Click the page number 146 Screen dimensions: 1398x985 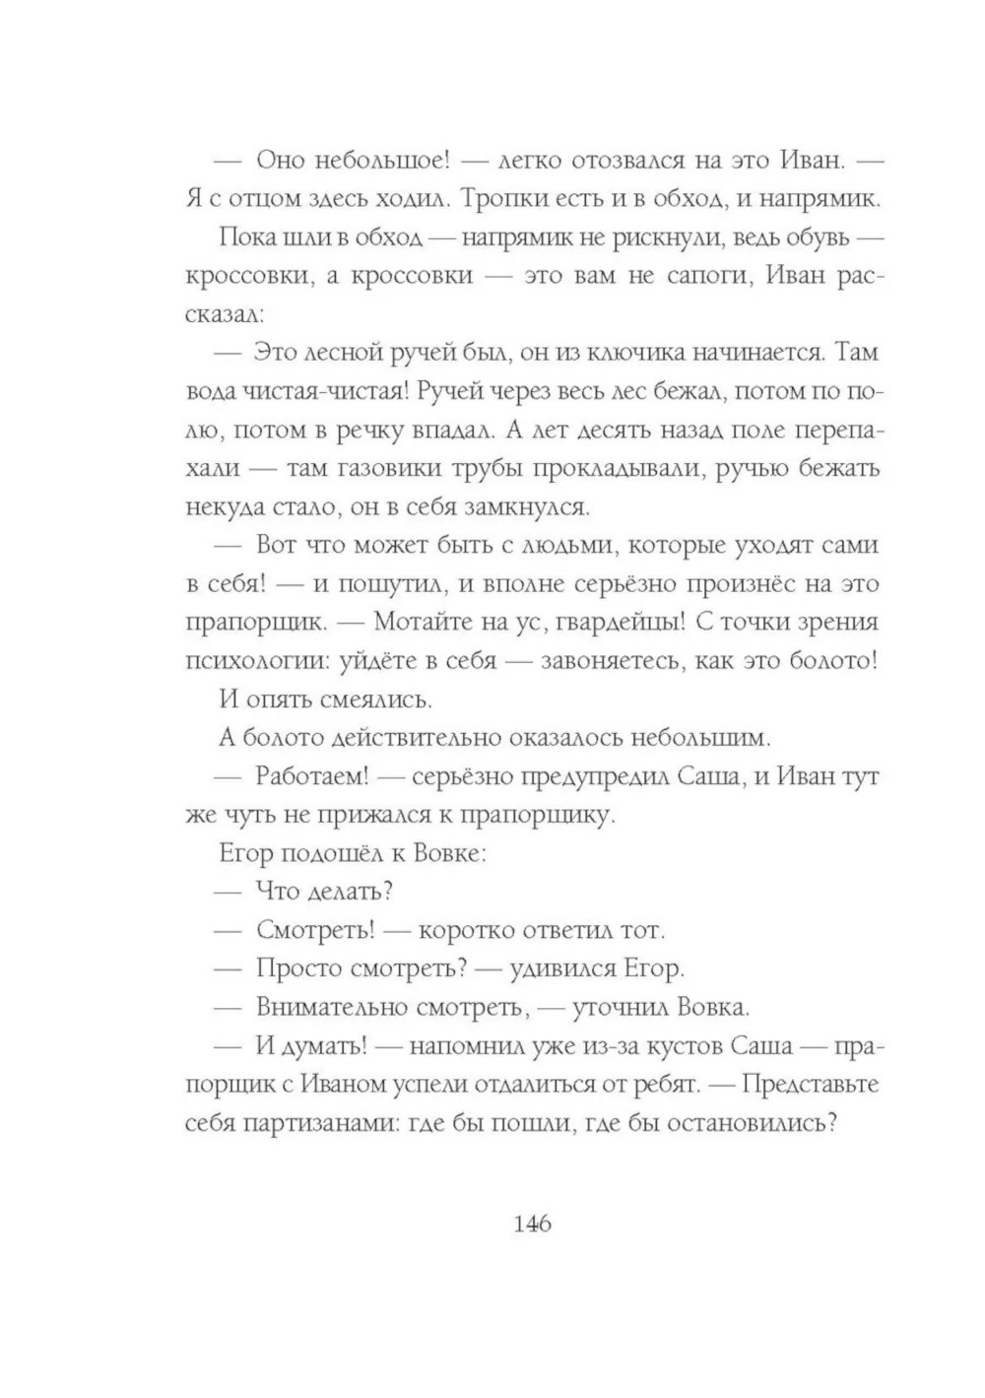click(x=532, y=1225)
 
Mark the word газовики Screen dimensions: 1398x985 click(x=388, y=468)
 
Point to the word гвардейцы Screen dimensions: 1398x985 click(x=612, y=623)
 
